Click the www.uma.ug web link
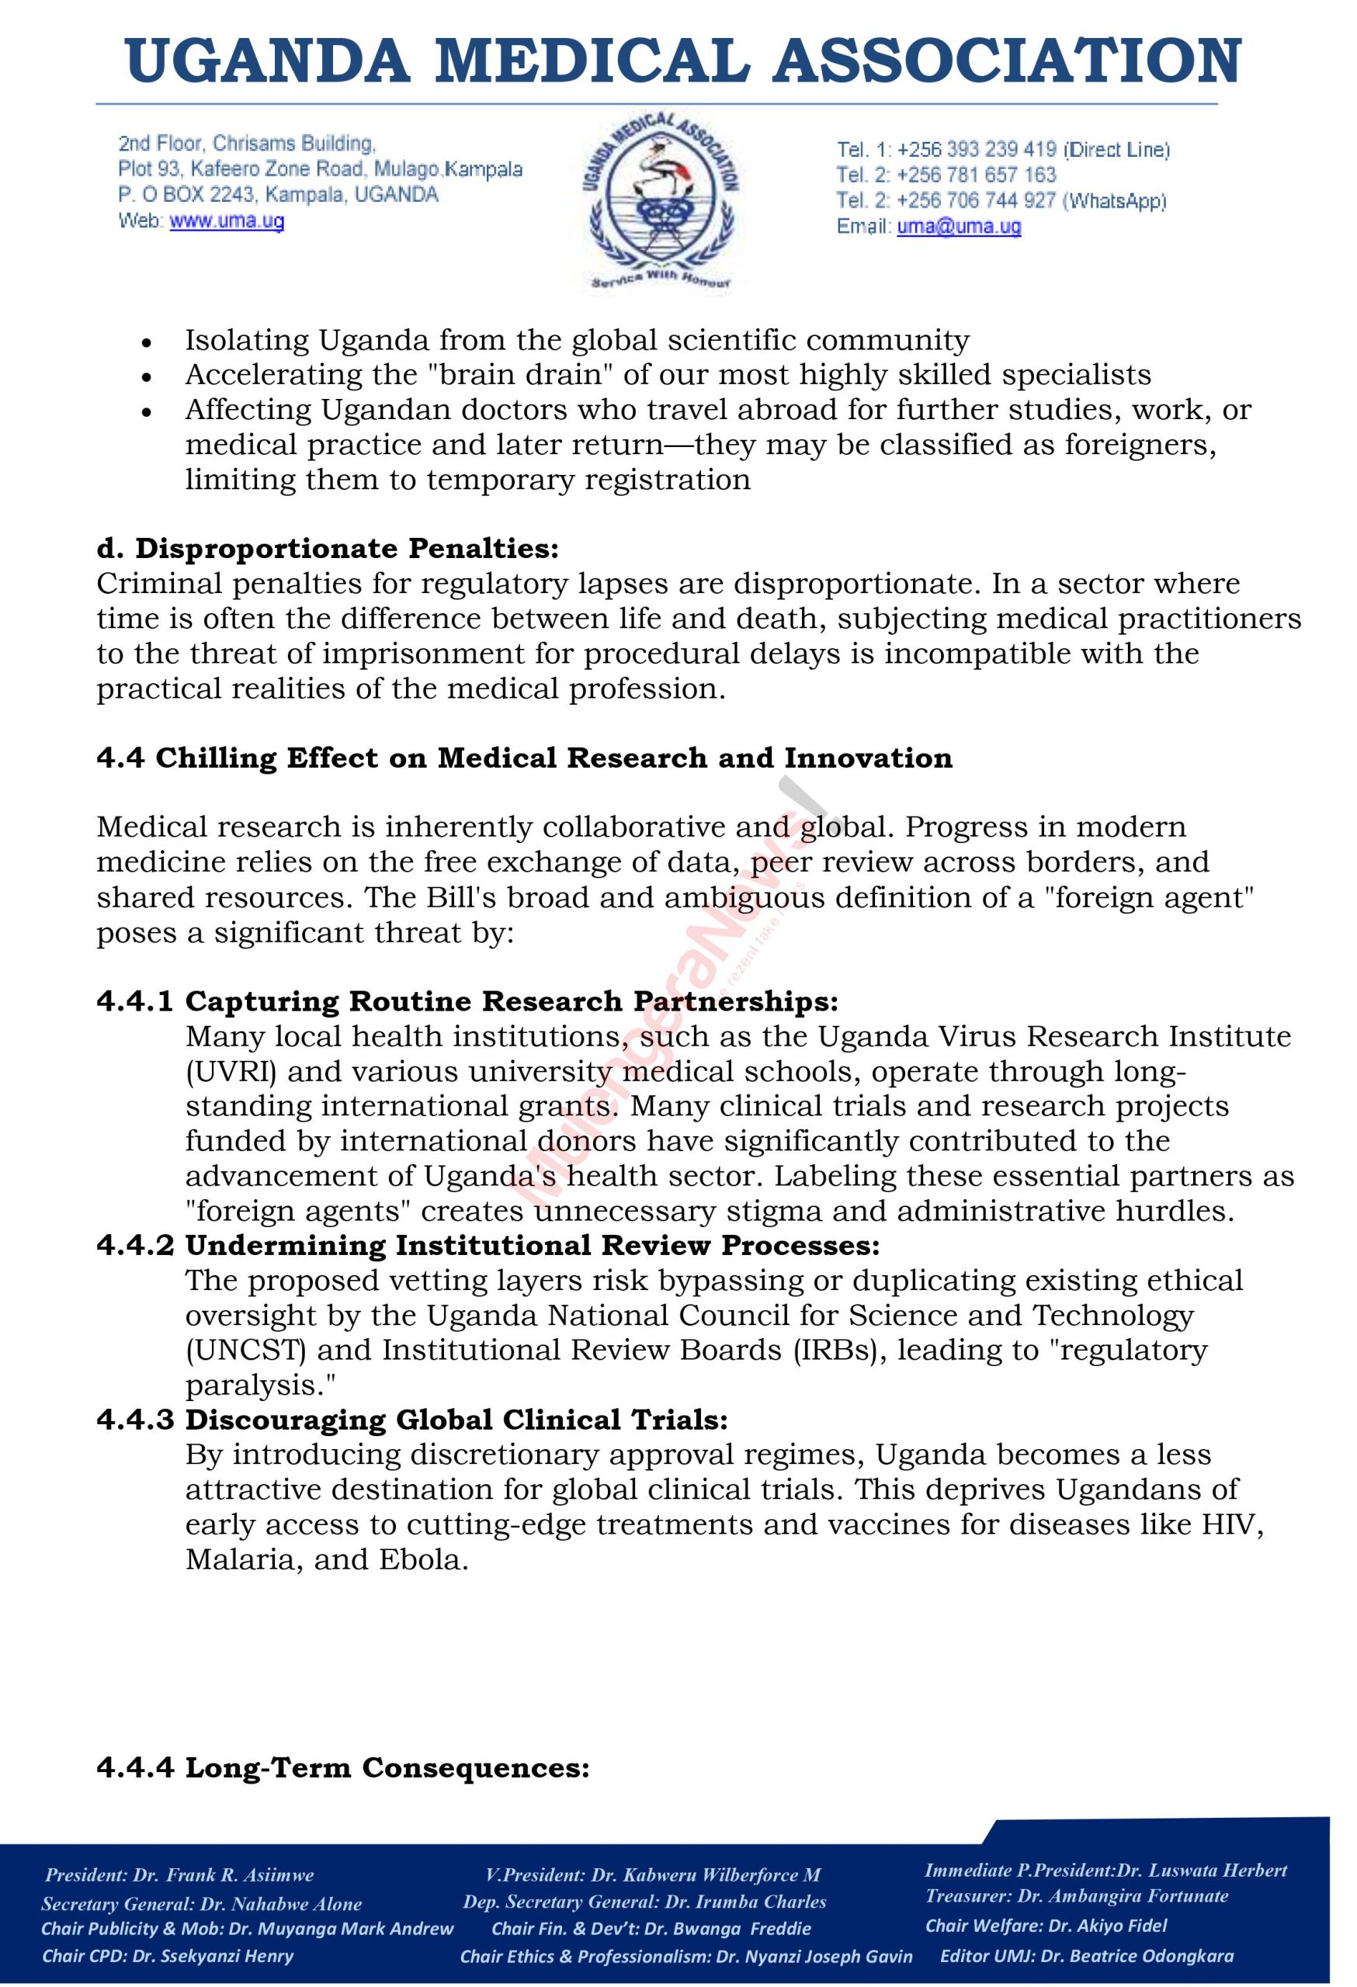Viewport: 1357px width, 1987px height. [x=227, y=221]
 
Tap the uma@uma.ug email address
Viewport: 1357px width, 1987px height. [x=959, y=227]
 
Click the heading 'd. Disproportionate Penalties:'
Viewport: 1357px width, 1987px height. [x=328, y=548]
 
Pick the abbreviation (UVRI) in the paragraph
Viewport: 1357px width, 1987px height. [x=230, y=1071]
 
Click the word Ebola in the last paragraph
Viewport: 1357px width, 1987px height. [x=423, y=1560]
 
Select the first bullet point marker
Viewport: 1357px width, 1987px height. [x=148, y=342]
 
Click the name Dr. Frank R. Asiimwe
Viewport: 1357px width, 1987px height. [x=225, y=1875]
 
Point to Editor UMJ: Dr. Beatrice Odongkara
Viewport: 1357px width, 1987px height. [x=1087, y=1955]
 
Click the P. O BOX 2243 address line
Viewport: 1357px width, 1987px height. [x=278, y=195]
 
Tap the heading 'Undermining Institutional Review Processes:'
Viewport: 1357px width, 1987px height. [x=532, y=1246]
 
